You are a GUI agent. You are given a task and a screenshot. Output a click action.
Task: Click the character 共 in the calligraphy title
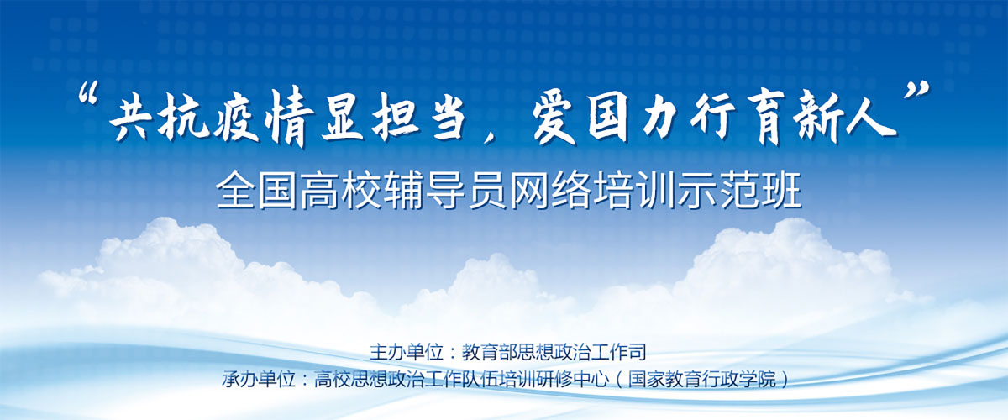[x=130, y=119]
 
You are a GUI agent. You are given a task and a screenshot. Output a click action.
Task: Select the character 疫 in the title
[x=235, y=120]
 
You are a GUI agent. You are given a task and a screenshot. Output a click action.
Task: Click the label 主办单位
[x=407, y=352]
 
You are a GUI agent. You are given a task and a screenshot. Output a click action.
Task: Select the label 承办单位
[x=259, y=379]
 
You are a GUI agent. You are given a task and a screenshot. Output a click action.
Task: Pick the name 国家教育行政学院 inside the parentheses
[x=702, y=379]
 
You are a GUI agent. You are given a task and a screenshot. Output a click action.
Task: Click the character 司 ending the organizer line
[x=638, y=352]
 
